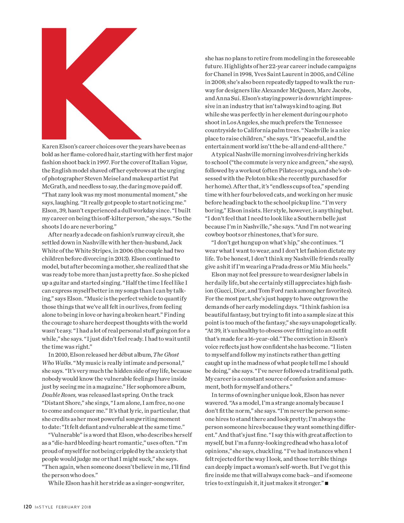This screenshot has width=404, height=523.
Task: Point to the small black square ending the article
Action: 327,483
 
